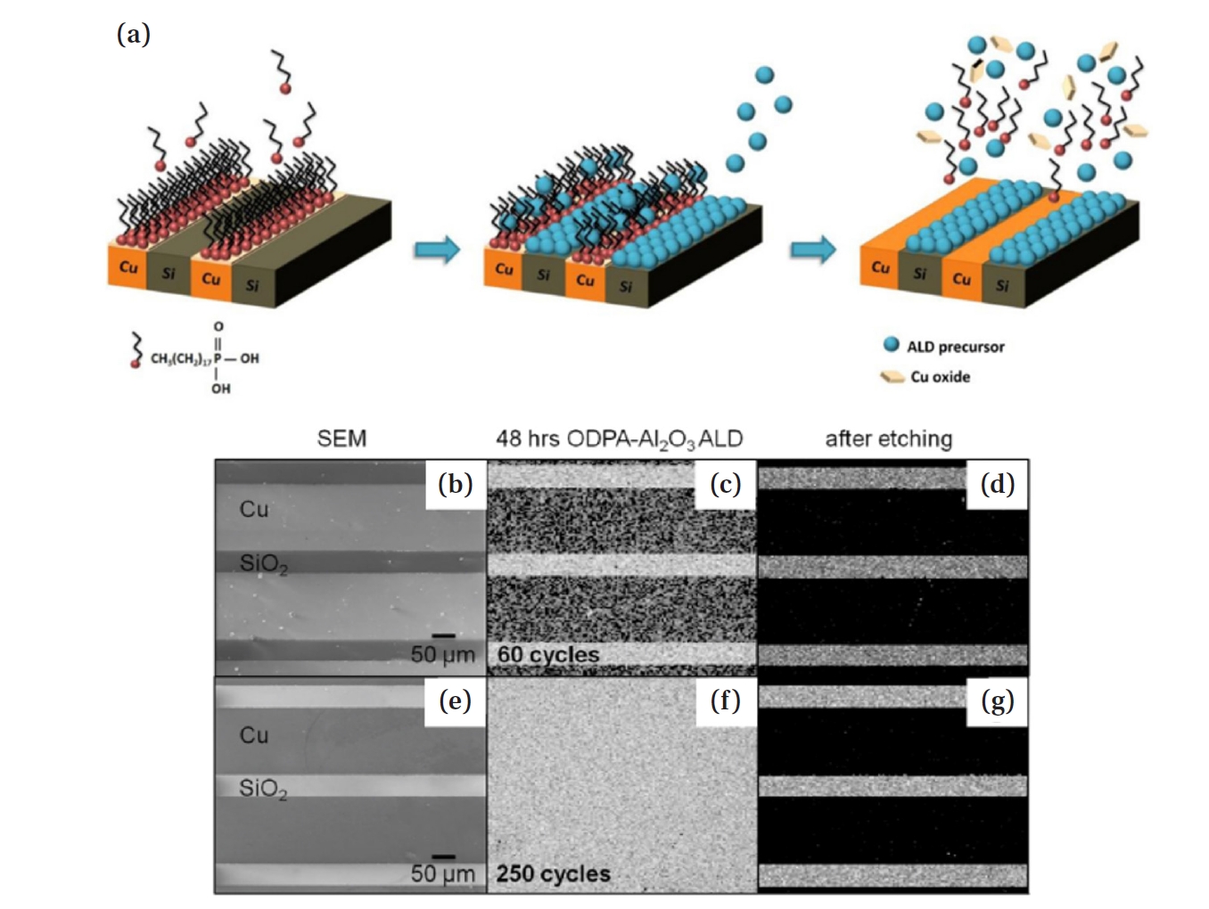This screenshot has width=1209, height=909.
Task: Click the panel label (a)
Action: [x=134, y=35]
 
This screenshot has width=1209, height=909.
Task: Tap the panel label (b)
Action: [x=455, y=484]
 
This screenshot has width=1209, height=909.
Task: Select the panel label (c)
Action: [x=726, y=484]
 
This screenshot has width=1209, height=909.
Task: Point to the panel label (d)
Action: [x=998, y=484]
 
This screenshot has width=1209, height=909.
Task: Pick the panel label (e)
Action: [x=455, y=701]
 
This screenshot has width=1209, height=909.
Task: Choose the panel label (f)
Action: [x=726, y=701]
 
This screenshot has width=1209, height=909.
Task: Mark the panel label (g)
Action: [x=998, y=701]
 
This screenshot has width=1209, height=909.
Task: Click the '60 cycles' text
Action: [x=548, y=655]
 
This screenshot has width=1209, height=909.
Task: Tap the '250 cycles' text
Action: [x=553, y=873]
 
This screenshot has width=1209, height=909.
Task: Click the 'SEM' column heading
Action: [x=341, y=438]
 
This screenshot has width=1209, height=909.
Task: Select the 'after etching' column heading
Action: [x=888, y=438]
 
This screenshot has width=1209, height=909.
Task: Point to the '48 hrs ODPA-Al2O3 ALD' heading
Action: [x=619, y=438]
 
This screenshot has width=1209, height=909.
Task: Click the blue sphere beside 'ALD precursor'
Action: [x=891, y=345]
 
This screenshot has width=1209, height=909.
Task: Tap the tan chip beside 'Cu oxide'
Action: [x=892, y=377]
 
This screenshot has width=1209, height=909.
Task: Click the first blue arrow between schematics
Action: [x=437, y=250]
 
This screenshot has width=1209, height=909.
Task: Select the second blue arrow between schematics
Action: [x=813, y=250]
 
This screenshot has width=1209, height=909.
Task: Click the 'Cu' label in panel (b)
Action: [x=254, y=509]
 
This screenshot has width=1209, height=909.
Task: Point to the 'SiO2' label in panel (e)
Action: [x=263, y=789]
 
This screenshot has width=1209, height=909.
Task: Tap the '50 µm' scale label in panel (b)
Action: [x=442, y=654]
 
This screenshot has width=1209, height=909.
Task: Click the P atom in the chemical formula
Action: [x=218, y=358]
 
